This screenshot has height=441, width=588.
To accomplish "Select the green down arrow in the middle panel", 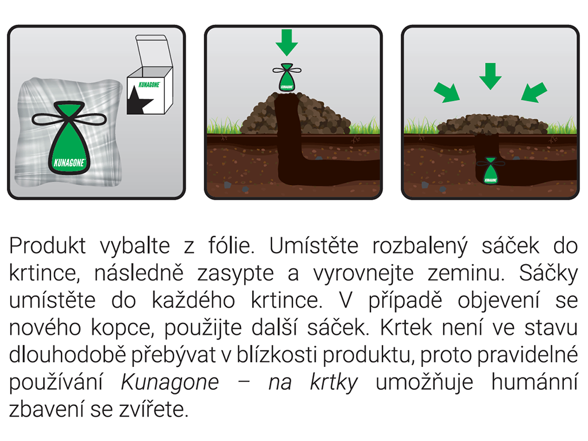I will [x=287, y=42].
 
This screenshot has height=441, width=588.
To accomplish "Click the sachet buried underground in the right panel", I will [x=490, y=171].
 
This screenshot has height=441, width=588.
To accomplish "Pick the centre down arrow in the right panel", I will [x=490, y=75].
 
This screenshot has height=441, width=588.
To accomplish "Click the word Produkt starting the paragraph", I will [x=48, y=246].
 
